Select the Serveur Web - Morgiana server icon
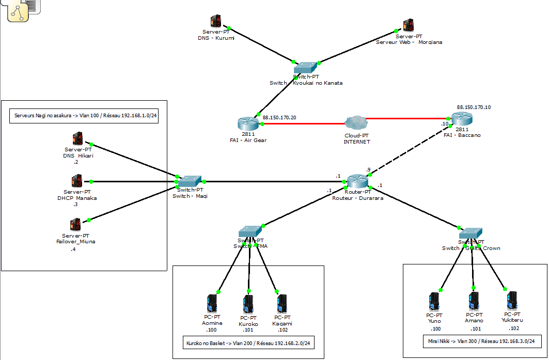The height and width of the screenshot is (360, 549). coord(409,25)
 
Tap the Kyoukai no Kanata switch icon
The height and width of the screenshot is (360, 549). coord(306,68)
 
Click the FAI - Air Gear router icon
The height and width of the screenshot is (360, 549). coord(248,123)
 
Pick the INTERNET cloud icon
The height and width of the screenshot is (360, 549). coord(356,123)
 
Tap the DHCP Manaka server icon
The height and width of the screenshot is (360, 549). coord(77,181)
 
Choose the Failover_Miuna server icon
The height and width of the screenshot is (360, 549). coord(75,225)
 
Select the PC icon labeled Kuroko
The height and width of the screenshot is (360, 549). coord(248,304)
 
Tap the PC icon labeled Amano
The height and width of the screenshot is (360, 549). coord(474,301)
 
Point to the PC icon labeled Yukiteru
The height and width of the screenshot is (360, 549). coord(512,300)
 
